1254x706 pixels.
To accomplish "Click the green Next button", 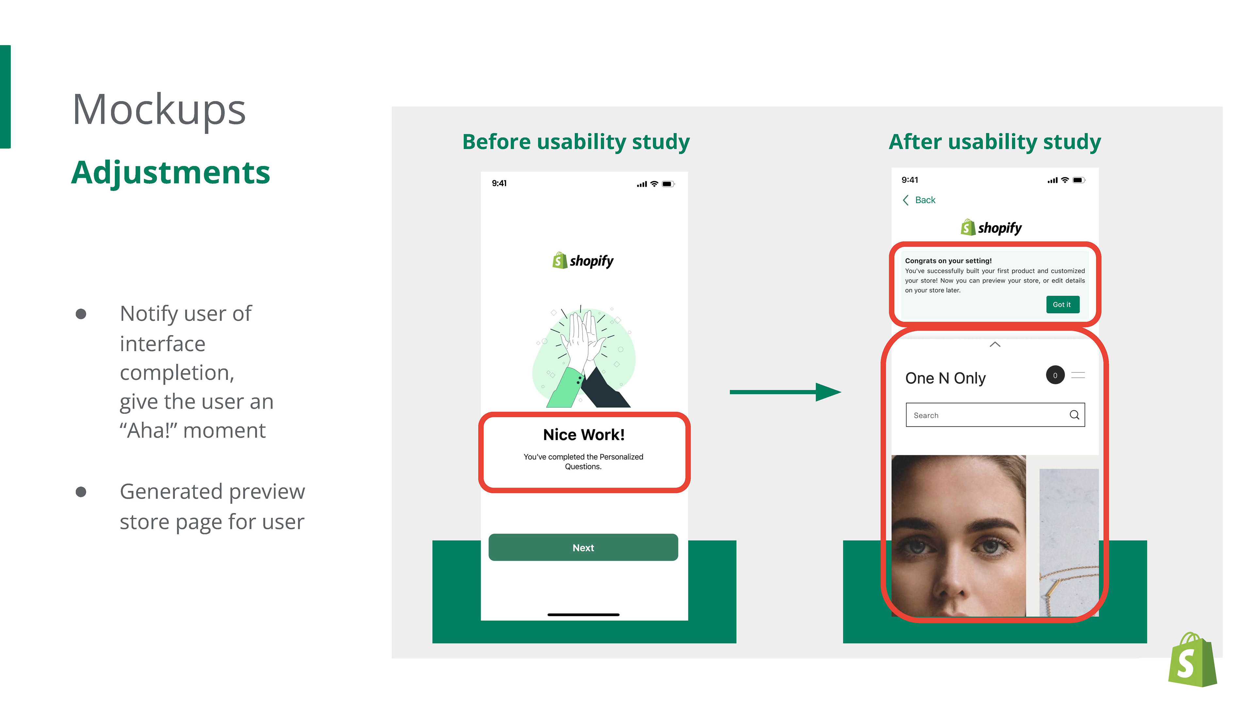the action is pyautogui.click(x=583, y=547).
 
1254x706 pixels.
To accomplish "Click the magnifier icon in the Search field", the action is pyautogui.click(x=1074, y=415).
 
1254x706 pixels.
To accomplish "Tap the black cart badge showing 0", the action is pyautogui.click(x=1055, y=375).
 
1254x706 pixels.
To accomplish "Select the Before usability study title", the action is pyautogui.click(x=576, y=142).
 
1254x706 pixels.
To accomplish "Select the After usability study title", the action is pyautogui.click(x=994, y=142).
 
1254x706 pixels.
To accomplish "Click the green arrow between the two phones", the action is pyautogui.click(x=785, y=392).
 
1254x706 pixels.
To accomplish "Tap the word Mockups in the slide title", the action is pyautogui.click(x=159, y=110).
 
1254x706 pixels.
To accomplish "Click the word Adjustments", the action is pyautogui.click(x=170, y=173).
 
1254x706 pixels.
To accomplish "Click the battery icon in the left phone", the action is pyautogui.click(x=668, y=184).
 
